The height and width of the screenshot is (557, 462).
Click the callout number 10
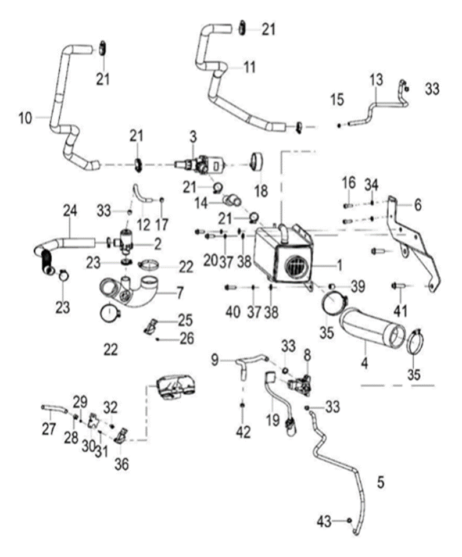(x=26, y=119)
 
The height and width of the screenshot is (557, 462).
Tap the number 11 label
(x=249, y=67)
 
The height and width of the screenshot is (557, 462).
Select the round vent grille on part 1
(x=296, y=268)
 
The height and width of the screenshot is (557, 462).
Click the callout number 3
(x=193, y=137)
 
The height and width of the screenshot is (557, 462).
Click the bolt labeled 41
(x=400, y=285)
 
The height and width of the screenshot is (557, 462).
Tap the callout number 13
(x=376, y=80)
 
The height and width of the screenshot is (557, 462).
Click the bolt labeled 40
(x=230, y=287)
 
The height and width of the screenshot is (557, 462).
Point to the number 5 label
(x=381, y=481)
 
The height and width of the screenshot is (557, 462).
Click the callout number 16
(x=348, y=185)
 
